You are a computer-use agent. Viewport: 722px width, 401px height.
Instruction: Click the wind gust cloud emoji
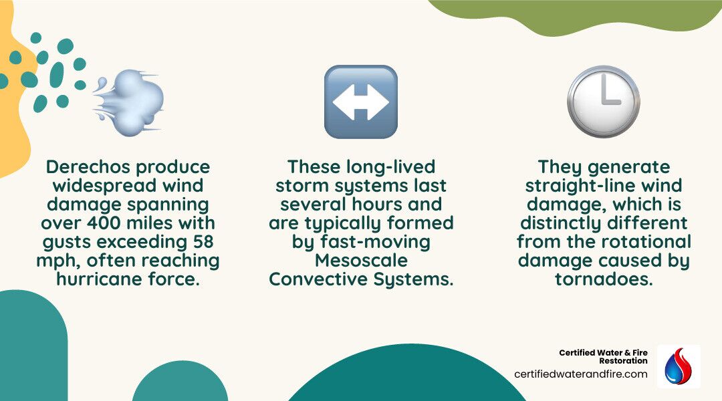129,102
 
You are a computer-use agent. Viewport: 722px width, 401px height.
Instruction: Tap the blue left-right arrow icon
360,102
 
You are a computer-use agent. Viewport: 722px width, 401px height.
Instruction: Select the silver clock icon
603,102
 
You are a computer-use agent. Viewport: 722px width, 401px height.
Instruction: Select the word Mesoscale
361,260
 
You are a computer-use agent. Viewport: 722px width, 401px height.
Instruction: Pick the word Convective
318,279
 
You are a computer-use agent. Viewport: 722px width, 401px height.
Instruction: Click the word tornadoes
603,279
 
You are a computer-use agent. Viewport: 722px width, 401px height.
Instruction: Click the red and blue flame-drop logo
678,366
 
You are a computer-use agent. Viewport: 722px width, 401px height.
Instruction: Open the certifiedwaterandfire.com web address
580,374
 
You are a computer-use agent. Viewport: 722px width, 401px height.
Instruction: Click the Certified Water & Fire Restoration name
603,356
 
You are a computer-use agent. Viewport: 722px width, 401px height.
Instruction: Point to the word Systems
415,279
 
